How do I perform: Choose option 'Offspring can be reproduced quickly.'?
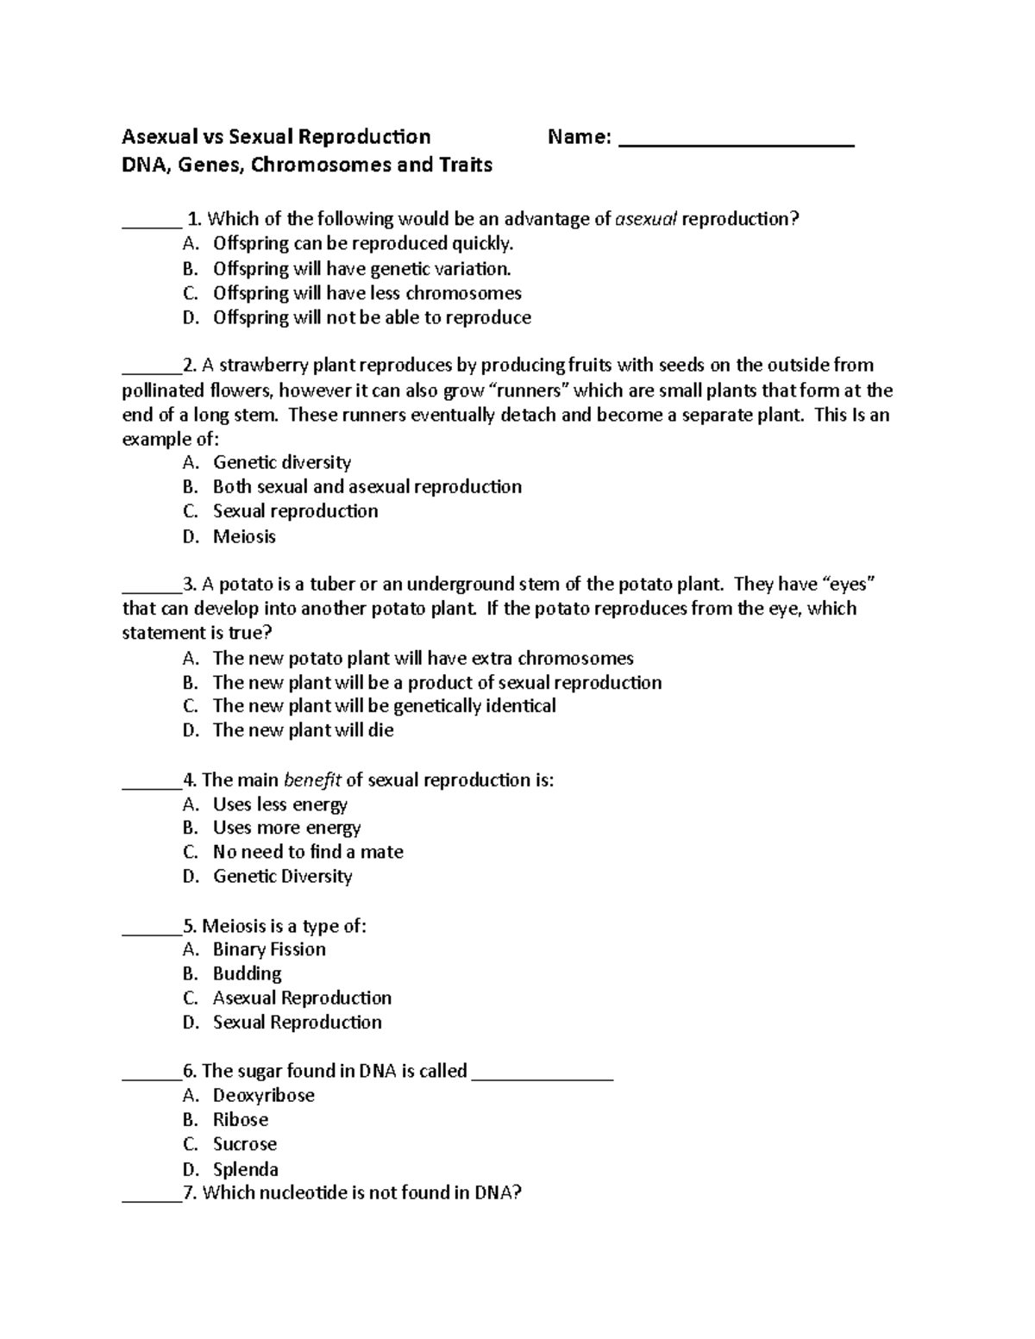[x=362, y=244]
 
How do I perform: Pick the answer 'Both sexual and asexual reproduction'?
[x=367, y=487]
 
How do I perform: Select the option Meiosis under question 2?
[x=244, y=537]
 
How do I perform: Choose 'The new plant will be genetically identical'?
[x=384, y=706]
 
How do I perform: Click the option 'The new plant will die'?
[x=303, y=730]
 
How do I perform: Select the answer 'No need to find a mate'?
[x=308, y=852]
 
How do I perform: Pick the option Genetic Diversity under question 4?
[x=282, y=877]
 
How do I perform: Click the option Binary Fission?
[x=269, y=950]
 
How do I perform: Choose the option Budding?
[x=247, y=974]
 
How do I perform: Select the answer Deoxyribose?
[x=263, y=1096]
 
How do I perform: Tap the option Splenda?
[x=245, y=1170]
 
